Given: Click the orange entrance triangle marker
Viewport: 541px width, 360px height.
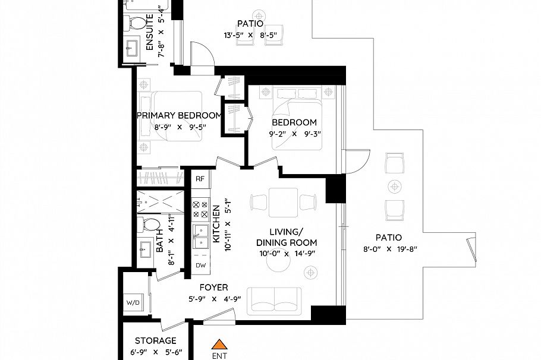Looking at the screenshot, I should (x=220, y=343).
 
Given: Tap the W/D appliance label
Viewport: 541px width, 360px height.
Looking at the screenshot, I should (x=133, y=303).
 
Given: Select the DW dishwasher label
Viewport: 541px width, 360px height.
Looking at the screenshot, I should (x=200, y=266).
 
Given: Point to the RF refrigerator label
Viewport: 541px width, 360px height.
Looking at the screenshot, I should (x=200, y=178).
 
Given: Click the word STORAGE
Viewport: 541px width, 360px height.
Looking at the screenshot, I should (x=155, y=341).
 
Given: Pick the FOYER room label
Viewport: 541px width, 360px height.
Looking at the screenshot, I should (x=213, y=288).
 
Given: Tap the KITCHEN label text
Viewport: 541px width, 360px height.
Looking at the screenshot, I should (x=216, y=225).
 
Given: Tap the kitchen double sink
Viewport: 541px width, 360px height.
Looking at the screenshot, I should (x=199, y=238).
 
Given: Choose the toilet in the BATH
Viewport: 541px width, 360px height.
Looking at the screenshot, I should (x=150, y=225).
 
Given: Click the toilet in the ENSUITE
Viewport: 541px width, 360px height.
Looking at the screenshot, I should (x=138, y=24).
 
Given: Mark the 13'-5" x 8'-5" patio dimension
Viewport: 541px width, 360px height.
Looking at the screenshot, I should (x=250, y=35).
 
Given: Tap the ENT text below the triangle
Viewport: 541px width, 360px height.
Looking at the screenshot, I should (x=219, y=356).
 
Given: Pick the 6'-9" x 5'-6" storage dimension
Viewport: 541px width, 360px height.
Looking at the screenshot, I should (x=155, y=352).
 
